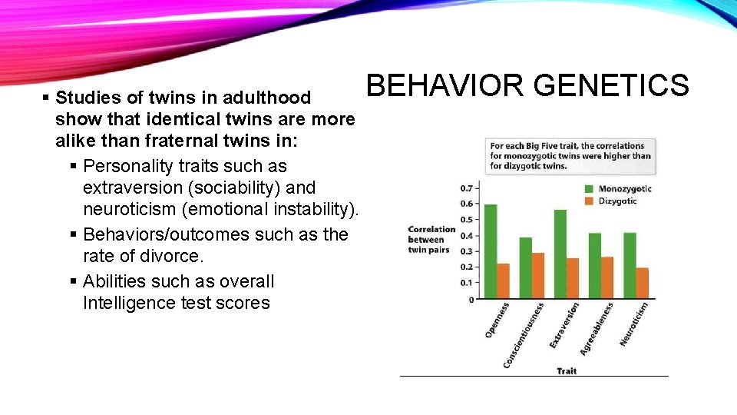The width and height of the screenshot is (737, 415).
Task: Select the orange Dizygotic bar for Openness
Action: (x=503, y=281)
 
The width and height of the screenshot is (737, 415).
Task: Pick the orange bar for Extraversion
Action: (x=573, y=278)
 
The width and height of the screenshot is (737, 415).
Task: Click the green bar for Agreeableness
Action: (x=595, y=265)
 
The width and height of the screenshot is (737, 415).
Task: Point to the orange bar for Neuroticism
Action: (x=642, y=283)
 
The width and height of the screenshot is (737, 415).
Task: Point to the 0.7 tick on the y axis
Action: (x=466, y=188)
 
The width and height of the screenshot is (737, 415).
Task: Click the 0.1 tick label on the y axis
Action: (x=466, y=283)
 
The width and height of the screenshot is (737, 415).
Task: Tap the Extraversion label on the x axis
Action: (x=564, y=325)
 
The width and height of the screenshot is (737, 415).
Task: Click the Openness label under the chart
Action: (x=497, y=320)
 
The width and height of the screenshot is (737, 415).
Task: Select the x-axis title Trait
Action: (x=567, y=371)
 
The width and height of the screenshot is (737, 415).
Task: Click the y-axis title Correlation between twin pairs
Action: (x=431, y=240)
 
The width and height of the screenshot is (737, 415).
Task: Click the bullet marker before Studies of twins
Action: (x=47, y=98)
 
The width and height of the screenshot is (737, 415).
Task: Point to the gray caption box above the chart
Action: (x=569, y=155)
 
